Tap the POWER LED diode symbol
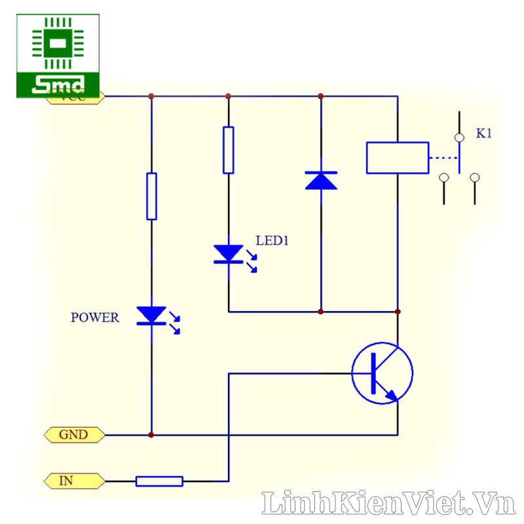(151, 315)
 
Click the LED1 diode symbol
(228, 254)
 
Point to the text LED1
(272, 241)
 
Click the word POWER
(95, 318)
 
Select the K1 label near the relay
(483, 134)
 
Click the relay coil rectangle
(398, 158)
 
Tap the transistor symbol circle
(383, 373)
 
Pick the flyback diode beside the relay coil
(321, 179)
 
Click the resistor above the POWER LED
(151, 196)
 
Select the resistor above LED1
(228, 150)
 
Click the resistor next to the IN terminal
(159, 481)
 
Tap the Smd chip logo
(58, 56)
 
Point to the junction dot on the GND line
(151, 434)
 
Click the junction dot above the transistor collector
(398, 311)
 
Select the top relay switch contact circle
(460, 137)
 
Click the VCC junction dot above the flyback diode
(321, 96)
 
